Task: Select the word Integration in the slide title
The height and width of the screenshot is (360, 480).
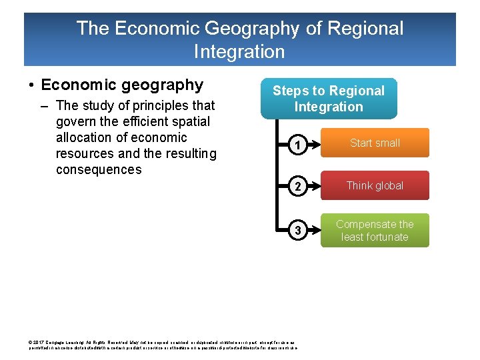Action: pos(239,51)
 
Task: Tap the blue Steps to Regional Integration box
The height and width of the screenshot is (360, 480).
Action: pos(329,99)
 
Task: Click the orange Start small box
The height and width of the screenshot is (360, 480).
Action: pos(375,143)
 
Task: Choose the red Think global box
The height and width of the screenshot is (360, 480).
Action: pos(375,185)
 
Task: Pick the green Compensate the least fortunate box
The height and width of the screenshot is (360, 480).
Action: pos(375,231)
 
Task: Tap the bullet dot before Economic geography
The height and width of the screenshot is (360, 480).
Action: pos(31,86)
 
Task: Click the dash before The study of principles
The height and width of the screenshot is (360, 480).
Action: pos(47,105)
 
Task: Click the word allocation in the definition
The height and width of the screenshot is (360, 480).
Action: pos(85,137)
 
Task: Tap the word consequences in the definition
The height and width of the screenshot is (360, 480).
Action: pos(99,169)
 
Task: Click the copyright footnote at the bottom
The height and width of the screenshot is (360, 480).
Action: pos(163,345)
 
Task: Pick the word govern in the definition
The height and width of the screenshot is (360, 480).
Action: pos(77,121)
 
